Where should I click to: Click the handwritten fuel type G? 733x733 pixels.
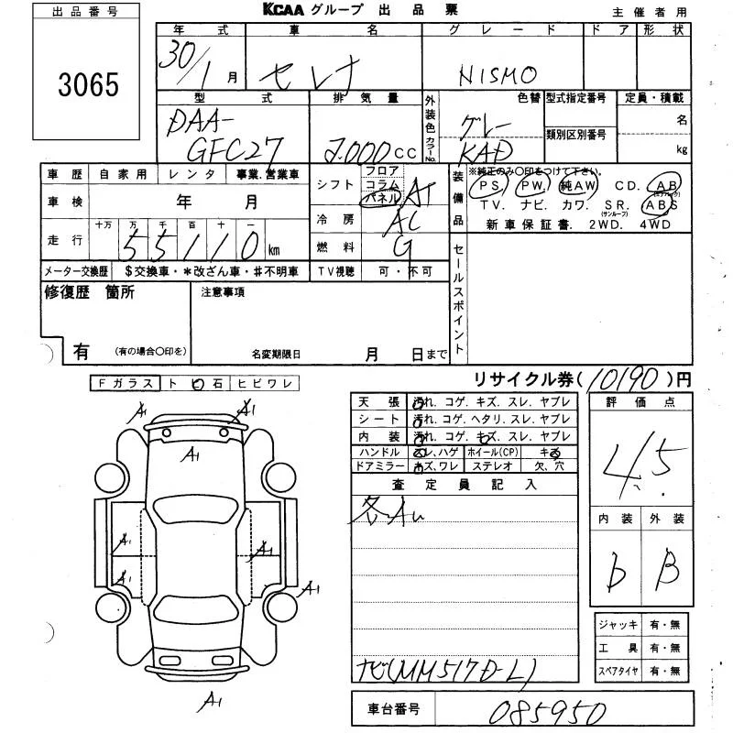[401, 246]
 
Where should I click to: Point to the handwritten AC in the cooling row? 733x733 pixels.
[397, 222]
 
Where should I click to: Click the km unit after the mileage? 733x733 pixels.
[274, 249]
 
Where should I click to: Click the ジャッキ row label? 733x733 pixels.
[618, 624]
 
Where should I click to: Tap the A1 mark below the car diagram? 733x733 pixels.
[213, 703]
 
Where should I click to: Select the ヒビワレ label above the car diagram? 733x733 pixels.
[261, 385]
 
